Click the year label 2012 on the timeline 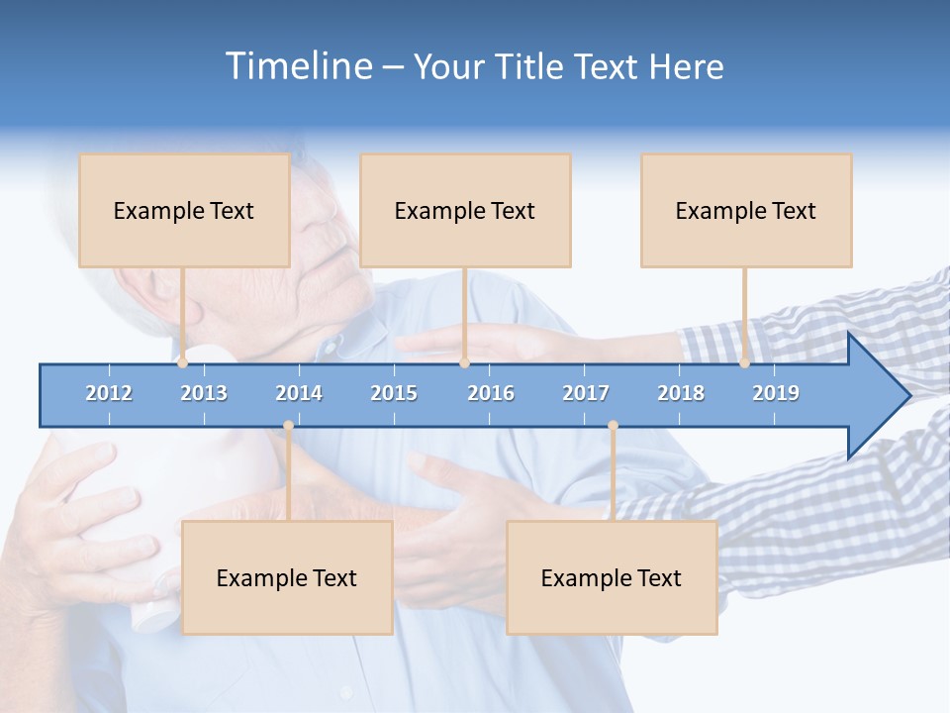[x=109, y=393]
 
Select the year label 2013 [x=204, y=393]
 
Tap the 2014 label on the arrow [x=299, y=393]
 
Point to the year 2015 [x=394, y=393]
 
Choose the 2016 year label [x=491, y=393]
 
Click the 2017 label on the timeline [x=586, y=393]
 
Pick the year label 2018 [x=681, y=393]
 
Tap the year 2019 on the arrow [x=776, y=393]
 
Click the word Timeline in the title [x=297, y=66]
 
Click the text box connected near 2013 [x=184, y=210]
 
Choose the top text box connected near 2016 [x=465, y=210]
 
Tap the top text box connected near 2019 [x=746, y=210]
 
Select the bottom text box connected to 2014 [x=287, y=577]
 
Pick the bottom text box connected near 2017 [x=612, y=577]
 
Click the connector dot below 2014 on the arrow [x=288, y=426]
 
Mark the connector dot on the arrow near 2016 [x=464, y=363]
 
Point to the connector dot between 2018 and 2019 [x=744, y=363]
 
